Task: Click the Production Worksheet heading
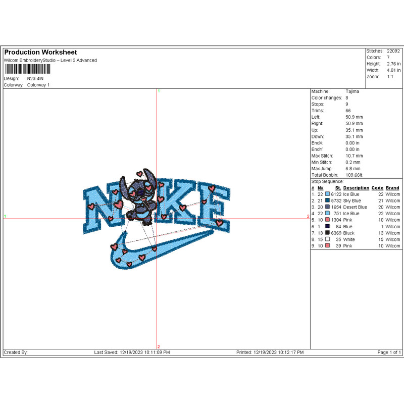tap(40, 53)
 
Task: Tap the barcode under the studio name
tap(28, 69)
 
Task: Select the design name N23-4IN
tap(35, 79)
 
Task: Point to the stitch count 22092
tap(393, 51)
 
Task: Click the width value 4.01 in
tap(393, 70)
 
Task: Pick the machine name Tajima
tap(352, 91)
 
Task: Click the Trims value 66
tap(348, 111)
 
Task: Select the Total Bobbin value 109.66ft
tap(354, 175)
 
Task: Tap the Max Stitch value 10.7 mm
tap(354, 156)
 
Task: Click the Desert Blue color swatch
tap(327, 207)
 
